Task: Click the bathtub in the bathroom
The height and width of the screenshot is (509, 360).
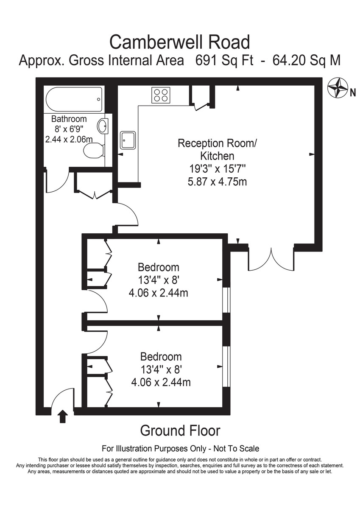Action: coord(74,99)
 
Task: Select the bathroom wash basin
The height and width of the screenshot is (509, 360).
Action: coord(103,126)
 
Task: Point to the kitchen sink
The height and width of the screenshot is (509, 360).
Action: coord(128,140)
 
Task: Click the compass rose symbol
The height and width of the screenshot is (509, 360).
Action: coord(338,88)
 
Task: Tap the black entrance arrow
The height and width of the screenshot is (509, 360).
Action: coord(63,416)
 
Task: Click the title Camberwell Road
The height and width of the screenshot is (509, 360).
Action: coord(180,42)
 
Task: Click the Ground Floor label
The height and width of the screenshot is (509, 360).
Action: coord(180,431)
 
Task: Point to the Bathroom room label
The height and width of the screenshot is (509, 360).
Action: coord(69,119)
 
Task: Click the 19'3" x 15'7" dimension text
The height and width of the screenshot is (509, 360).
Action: coord(218,169)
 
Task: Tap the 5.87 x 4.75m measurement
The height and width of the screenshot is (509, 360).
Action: coord(218,182)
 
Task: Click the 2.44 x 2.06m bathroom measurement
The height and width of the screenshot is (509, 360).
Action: coord(69,139)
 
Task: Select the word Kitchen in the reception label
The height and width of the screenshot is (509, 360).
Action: coord(217,156)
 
